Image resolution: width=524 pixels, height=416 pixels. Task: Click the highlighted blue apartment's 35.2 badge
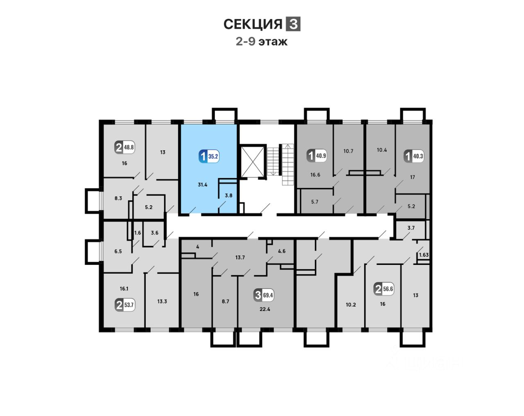209,156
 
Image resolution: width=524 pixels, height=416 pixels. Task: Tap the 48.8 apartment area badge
124,147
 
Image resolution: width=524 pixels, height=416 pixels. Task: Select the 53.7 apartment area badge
125,305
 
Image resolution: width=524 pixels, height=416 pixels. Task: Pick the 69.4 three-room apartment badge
264,295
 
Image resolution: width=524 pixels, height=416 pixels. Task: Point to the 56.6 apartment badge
384,289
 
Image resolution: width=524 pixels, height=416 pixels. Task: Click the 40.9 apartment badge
316,156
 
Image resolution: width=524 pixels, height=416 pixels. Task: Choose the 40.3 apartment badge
413,156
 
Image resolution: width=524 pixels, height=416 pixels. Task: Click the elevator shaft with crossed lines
251,161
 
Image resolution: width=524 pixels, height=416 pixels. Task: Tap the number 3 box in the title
293,24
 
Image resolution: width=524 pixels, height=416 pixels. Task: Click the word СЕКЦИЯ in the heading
253,25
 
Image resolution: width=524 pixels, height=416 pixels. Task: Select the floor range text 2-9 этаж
262,41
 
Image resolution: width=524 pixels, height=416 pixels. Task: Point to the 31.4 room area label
202,185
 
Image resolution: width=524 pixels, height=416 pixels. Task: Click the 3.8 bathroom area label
228,195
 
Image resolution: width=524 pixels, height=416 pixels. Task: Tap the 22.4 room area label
265,309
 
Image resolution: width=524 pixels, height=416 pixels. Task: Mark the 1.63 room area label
424,255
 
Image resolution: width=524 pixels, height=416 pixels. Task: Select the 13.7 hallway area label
240,258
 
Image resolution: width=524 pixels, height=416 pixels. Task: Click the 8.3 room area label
118,198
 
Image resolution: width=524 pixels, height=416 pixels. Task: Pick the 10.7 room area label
348,151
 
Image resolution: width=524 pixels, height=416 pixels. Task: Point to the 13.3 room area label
162,301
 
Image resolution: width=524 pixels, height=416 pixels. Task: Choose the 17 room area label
412,177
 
